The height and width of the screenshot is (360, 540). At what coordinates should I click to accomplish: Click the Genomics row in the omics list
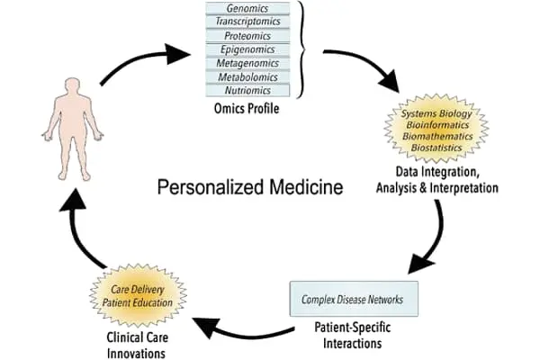pos(252,8)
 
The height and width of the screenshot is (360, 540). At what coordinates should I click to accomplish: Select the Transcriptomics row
pos(252,22)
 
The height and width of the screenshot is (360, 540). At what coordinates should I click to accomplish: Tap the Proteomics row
pos(252,35)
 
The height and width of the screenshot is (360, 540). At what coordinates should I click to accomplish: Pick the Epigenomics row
pos(252,49)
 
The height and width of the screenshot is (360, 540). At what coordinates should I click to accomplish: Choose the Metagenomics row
pos(252,63)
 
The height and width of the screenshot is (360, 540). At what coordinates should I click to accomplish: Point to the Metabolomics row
pos(252,76)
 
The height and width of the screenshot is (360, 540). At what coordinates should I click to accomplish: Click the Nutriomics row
pos(252,90)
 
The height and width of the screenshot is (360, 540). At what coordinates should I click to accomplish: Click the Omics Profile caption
pos(253,110)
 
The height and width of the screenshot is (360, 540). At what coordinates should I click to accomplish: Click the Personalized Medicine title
pos(250,188)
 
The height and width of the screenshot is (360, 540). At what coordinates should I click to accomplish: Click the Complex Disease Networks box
pos(352,298)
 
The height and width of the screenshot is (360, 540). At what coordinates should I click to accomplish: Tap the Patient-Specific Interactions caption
pos(350,335)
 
